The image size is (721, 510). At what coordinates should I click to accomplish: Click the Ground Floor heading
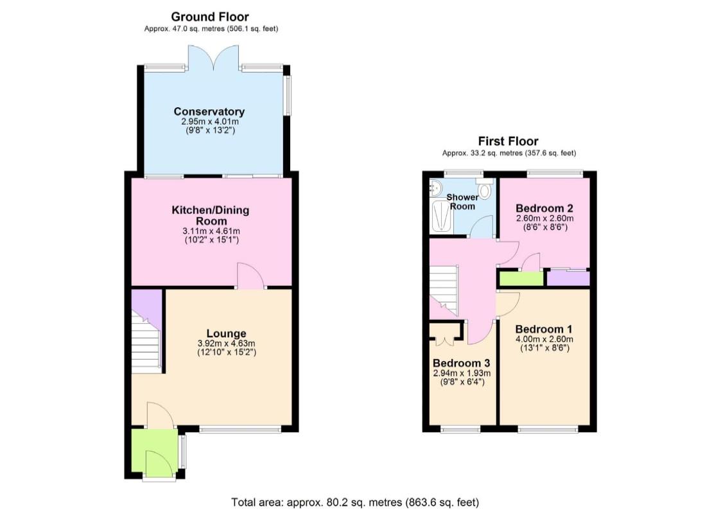pyautogui.click(x=210, y=17)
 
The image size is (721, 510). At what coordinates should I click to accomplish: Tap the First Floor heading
pyautogui.click(x=508, y=141)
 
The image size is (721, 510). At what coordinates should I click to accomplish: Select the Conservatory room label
pyautogui.click(x=209, y=112)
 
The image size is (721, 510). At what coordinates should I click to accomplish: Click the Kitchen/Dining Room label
pyautogui.click(x=210, y=215)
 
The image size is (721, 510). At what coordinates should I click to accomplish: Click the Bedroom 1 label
pyautogui.click(x=544, y=328)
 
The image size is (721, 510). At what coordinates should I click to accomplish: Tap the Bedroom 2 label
pyautogui.click(x=544, y=208)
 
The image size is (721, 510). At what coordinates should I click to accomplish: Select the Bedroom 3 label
pyautogui.click(x=461, y=362)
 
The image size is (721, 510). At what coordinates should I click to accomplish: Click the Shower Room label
pyautogui.click(x=462, y=201)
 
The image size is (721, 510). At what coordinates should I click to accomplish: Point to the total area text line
pyautogui.click(x=355, y=502)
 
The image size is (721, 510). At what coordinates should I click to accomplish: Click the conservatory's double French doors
pyautogui.click(x=214, y=57)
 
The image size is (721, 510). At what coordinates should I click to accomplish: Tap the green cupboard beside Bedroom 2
pyautogui.click(x=521, y=279)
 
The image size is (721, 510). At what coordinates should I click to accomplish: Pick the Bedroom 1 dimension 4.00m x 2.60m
pyautogui.click(x=544, y=339)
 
